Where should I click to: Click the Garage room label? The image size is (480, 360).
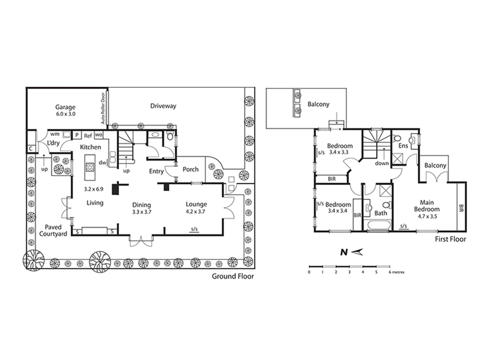click(x=65, y=107)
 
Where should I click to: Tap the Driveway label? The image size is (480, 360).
click(x=163, y=106)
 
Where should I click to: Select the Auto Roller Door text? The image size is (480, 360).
click(x=103, y=108)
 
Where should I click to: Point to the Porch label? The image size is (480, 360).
click(x=191, y=169)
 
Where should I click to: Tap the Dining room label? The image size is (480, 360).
click(x=142, y=205)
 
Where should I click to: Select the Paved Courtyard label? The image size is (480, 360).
click(x=53, y=230)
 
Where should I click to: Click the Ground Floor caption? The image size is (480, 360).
click(x=233, y=276)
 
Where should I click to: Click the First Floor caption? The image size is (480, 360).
click(x=450, y=239)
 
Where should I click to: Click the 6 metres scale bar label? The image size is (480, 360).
click(x=397, y=272)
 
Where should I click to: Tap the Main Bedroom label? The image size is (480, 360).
click(x=427, y=206)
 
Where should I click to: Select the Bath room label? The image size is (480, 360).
click(x=381, y=213)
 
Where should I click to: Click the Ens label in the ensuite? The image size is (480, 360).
click(x=403, y=146)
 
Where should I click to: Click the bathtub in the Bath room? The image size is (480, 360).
click(x=378, y=226)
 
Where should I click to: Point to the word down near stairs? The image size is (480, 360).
click(x=382, y=163)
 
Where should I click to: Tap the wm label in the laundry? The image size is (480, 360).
click(x=55, y=134)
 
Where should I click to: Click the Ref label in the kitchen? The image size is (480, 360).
click(x=88, y=136)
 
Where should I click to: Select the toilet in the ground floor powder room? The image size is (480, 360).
click(x=170, y=136)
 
